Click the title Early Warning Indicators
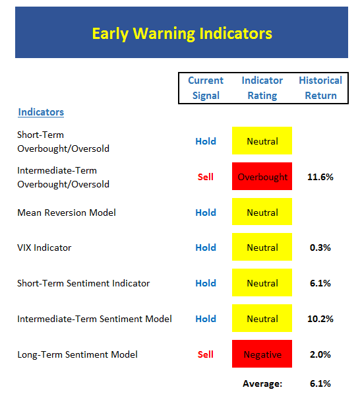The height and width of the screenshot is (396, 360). pyautogui.click(x=182, y=34)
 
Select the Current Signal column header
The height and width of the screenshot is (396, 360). pyautogui.click(x=206, y=88)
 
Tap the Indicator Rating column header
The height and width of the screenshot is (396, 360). pyautogui.click(x=262, y=88)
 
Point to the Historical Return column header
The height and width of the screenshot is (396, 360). pyautogui.click(x=320, y=88)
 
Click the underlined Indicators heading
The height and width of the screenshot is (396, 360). pyautogui.click(x=41, y=112)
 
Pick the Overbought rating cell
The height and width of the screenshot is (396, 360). pyautogui.click(x=262, y=176)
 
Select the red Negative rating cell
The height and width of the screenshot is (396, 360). pyautogui.click(x=262, y=354)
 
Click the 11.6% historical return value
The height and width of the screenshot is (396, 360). pyautogui.click(x=320, y=177)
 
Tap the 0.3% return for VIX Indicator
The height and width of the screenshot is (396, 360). pyautogui.click(x=320, y=247)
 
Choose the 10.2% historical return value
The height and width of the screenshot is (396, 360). pyautogui.click(x=320, y=319)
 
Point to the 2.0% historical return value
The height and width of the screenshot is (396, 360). pyautogui.click(x=320, y=354)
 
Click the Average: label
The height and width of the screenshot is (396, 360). pyautogui.click(x=262, y=384)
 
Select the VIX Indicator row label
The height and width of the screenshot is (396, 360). pyautogui.click(x=44, y=247)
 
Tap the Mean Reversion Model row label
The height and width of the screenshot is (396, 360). pyautogui.click(x=67, y=213)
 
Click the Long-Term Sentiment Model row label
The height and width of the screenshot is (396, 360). pyautogui.click(x=77, y=354)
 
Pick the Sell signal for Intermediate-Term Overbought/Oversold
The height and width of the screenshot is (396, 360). pyautogui.click(x=205, y=177)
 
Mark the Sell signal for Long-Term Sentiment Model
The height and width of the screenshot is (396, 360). pyautogui.click(x=205, y=354)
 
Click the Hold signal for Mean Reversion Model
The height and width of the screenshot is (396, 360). pyautogui.click(x=206, y=213)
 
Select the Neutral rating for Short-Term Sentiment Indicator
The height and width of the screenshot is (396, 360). pyautogui.click(x=262, y=282)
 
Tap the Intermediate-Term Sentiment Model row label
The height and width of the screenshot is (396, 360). pyautogui.click(x=94, y=319)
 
